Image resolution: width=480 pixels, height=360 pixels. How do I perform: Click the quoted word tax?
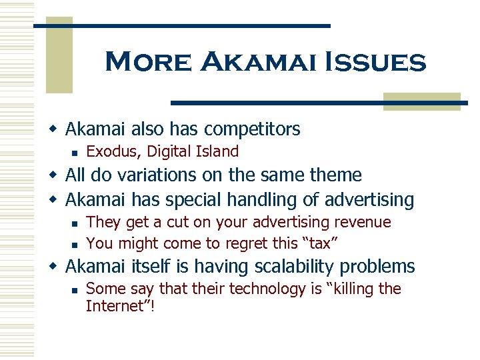click(x=318, y=243)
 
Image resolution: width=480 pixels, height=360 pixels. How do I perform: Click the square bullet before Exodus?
click(x=76, y=152)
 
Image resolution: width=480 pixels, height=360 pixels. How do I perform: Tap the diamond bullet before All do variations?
click(x=55, y=176)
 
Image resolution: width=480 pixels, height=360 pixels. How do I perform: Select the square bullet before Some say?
click(x=76, y=290)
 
